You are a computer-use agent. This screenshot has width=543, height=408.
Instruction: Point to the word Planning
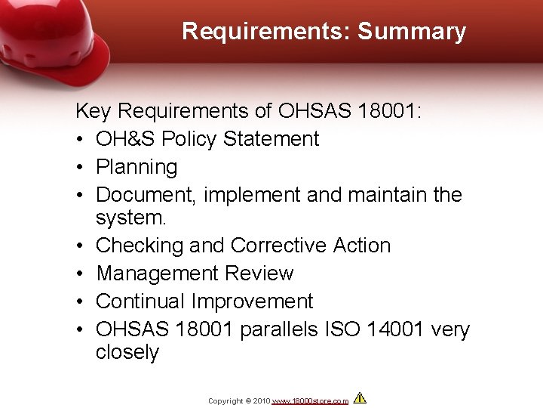137,167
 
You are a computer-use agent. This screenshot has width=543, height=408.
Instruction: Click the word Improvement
252,301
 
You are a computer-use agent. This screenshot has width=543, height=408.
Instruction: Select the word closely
127,353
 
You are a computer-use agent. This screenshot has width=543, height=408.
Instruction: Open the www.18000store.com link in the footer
310,400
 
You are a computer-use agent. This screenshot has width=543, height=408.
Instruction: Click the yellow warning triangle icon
360,398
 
